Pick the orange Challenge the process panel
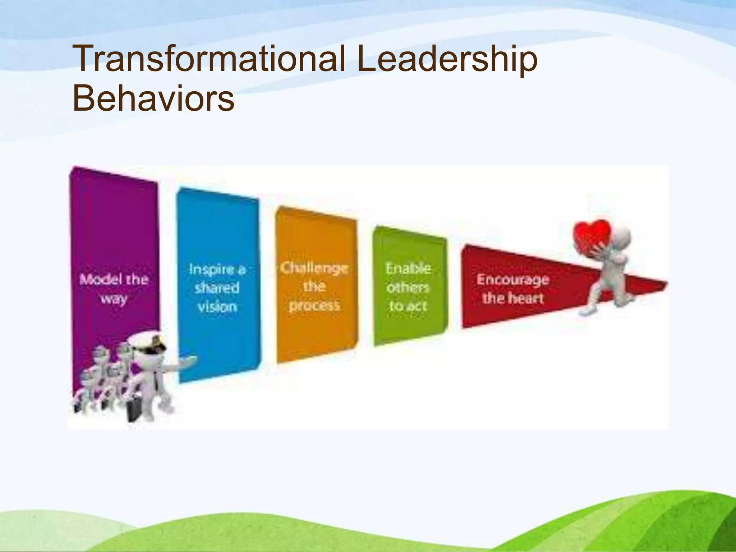coord(316,244)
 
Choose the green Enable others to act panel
coord(410,252)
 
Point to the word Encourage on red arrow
coord(513,280)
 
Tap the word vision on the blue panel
coord(217,307)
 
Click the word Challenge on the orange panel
coord(314,268)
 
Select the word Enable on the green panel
coord(408,268)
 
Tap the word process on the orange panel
coord(314,305)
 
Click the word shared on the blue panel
coord(217,287)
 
